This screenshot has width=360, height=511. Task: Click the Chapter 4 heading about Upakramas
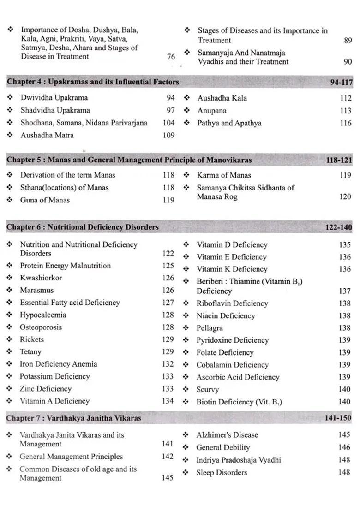(93, 82)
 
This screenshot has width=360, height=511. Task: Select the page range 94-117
(341, 83)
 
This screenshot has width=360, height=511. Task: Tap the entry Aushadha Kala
(222, 98)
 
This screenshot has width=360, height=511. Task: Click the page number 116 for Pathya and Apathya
(345, 123)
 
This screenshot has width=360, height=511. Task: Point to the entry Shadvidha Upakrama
(55, 110)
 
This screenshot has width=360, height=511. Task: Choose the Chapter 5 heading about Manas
(129, 160)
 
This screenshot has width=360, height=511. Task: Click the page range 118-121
(339, 160)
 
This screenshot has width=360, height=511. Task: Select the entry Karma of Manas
(224, 175)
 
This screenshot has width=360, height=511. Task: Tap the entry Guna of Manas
(44, 200)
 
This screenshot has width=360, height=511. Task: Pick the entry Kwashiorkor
(41, 278)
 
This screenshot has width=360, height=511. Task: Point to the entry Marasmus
(36, 291)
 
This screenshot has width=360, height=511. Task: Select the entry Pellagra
(210, 328)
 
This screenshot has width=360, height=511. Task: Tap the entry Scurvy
(207, 390)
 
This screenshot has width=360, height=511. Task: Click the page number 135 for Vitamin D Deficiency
(345, 245)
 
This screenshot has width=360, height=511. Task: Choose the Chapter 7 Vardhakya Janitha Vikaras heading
(73, 418)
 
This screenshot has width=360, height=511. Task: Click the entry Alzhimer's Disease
(227, 435)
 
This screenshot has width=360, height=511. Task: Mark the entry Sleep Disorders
(222, 473)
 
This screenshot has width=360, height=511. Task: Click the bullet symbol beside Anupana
(187, 111)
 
